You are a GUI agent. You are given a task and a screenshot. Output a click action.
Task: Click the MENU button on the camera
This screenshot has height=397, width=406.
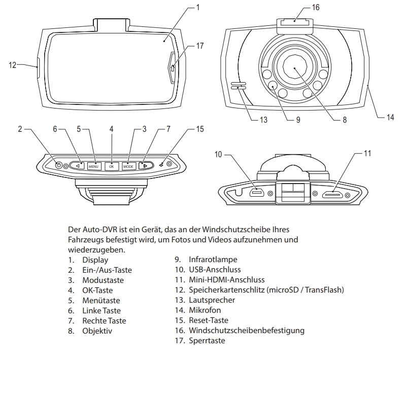coord(94,166)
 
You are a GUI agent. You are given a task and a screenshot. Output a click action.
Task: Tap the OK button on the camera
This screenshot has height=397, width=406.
coord(111,166)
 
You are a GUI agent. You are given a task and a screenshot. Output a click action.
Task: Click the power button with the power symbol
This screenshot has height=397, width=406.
coord(58,165)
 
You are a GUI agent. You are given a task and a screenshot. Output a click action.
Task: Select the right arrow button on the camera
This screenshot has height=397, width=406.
coord(145,165)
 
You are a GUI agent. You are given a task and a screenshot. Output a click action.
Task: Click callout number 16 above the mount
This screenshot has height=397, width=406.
coord(316,8)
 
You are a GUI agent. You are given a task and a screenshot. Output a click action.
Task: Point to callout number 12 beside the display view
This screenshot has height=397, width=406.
coord(13,64)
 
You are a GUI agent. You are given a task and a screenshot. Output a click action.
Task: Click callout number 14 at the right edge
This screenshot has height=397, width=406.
coord(390,117)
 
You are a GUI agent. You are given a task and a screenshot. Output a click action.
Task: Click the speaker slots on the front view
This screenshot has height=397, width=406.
coord(238,85)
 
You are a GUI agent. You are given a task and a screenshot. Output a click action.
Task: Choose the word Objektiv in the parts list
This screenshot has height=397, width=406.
coord(97,331)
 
